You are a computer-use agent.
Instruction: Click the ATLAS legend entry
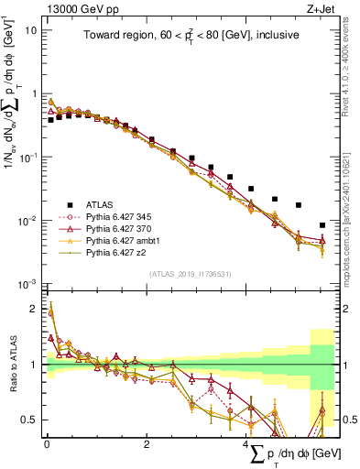[101, 203]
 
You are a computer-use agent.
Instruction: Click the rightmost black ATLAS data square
[322, 225]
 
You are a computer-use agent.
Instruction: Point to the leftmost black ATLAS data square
[50, 120]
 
